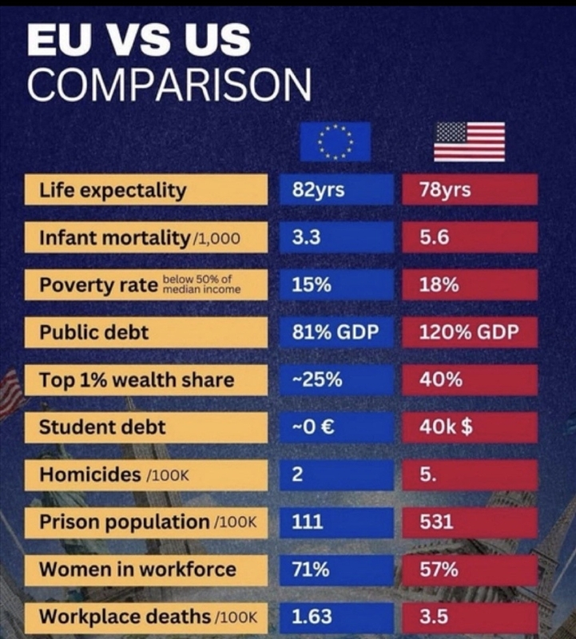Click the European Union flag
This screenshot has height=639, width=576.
[x=335, y=142]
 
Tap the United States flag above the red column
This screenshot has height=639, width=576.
[x=469, y=142]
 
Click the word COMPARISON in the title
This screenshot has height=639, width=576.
[x=169, y=84]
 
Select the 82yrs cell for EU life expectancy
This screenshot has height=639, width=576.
[x=336, y=190]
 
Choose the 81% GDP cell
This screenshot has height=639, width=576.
[x=336, y=331]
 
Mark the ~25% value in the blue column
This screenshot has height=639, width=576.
[x=336, y=379]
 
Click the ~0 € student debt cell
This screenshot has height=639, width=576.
[x=336, y=427]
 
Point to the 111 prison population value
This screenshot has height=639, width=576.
[x=336, y=522]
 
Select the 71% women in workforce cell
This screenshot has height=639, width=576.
[x=336, y=569]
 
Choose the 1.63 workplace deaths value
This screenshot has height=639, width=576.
[x=336, y=617]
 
